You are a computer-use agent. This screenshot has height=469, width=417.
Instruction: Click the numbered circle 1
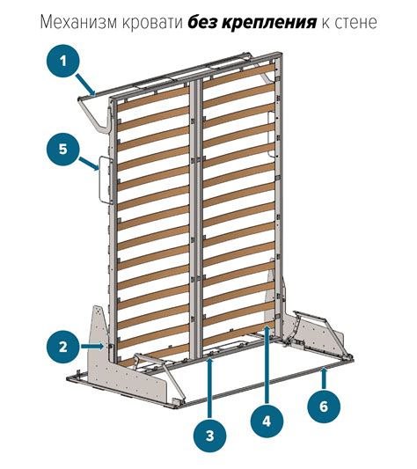[62, 62]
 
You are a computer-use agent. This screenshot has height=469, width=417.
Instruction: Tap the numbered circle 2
[62, 347]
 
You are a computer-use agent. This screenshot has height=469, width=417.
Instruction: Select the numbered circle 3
[210, 436]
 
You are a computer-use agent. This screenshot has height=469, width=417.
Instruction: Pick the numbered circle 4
[267, 421]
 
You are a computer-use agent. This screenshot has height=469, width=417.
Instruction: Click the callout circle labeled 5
[62, 149]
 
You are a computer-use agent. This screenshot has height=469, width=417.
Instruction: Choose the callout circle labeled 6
[324, 407]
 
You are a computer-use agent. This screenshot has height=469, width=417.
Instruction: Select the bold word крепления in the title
[268, 23]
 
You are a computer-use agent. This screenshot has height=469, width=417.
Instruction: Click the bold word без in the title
[202, 22]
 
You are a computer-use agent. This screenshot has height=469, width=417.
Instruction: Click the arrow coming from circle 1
[86, 85]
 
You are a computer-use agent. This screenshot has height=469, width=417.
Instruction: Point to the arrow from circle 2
[92, 347]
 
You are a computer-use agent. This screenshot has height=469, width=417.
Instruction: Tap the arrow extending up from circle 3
[210, 388]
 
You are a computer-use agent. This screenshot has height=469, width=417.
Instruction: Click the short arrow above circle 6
[324, 378]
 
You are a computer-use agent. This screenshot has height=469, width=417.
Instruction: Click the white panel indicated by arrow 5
[105, 180]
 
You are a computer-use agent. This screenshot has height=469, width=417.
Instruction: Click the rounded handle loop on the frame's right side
[270, 134]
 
